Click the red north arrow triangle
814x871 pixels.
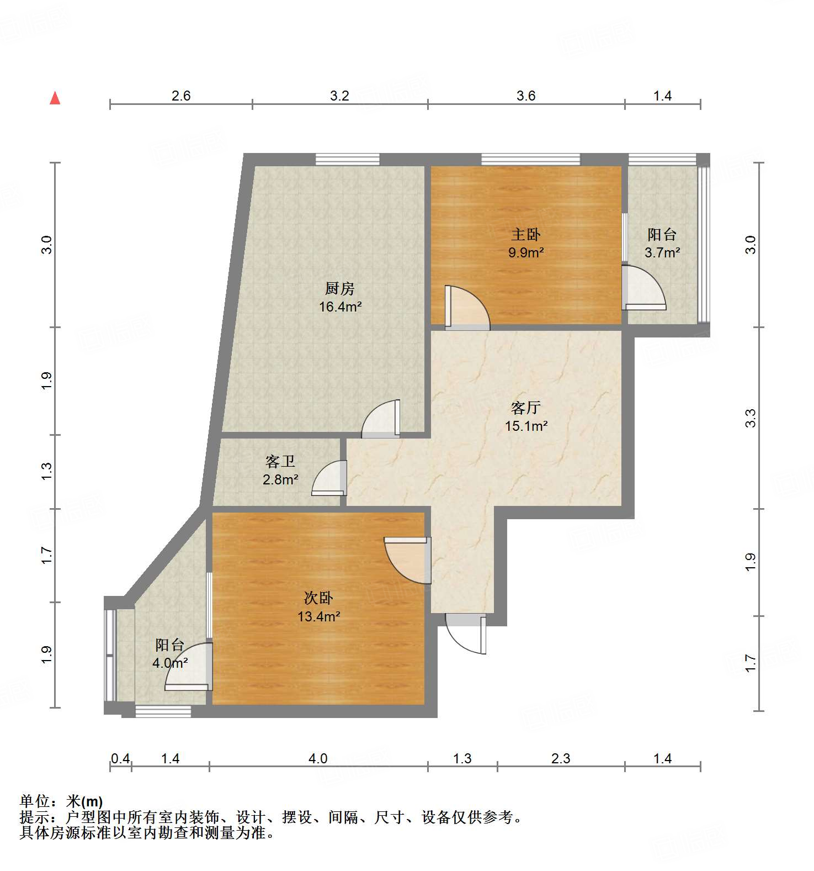click(x=55, y=98)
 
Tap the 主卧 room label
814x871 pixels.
click(x=525, y=235)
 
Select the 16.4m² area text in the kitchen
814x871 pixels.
click(x=340, y=307)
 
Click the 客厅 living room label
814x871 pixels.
click(x=525, y=408)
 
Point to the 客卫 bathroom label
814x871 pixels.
click(x=280, y=461)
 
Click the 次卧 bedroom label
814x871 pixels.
click(x=318, y=598)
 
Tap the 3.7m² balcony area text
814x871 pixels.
click(x=662, y=253)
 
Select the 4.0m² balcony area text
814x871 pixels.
click(x=170, y=663)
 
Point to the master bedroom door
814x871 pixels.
click(x=466, y=307)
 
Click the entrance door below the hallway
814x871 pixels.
click(x=466, y=635)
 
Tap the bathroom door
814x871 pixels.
click(x=329, y=478)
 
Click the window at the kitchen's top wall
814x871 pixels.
click(x=348, y=160)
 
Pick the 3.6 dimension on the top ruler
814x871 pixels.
click(x=525, y=96)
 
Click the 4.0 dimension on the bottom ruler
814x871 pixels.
click(x=318, y=759)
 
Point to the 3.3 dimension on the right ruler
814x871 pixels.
click(x=750, y=418)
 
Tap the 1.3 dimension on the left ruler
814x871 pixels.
click(x=47, y=471)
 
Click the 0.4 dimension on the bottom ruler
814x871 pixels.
click(x=120, y=759)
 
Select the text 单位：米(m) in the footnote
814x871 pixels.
click(x=61, y=801)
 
